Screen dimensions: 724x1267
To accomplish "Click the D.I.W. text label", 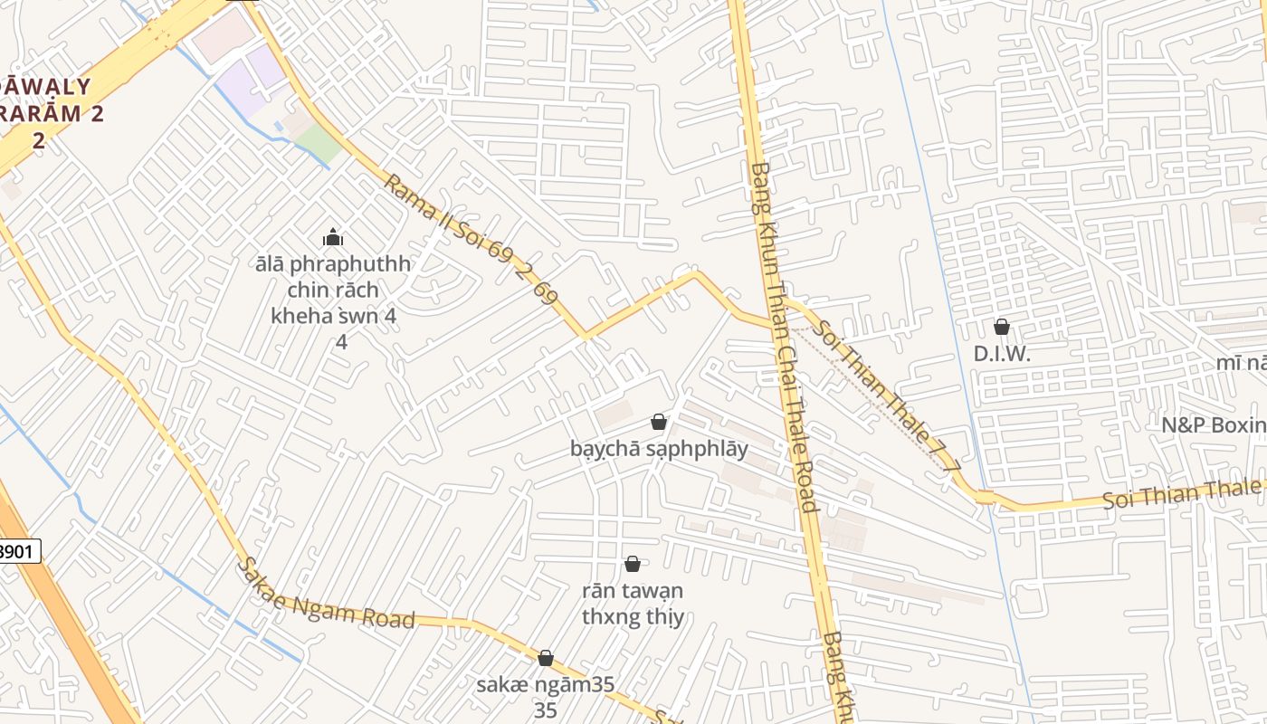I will (1002, 354).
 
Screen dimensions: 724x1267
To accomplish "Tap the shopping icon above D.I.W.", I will (1002, 327).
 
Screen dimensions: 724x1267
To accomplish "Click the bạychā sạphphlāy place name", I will (659, 448).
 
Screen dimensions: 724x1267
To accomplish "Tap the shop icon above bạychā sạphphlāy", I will (659, 422).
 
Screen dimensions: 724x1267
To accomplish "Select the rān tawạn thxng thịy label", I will (633, 604).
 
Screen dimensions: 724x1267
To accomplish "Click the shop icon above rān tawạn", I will (633, 564).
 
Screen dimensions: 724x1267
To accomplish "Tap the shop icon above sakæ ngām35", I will (546, 658).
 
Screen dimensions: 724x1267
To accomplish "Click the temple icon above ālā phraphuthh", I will (333, 238).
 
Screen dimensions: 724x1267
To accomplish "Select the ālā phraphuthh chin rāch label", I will (333, 290).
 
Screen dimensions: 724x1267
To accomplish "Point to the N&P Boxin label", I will (1213, 424).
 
